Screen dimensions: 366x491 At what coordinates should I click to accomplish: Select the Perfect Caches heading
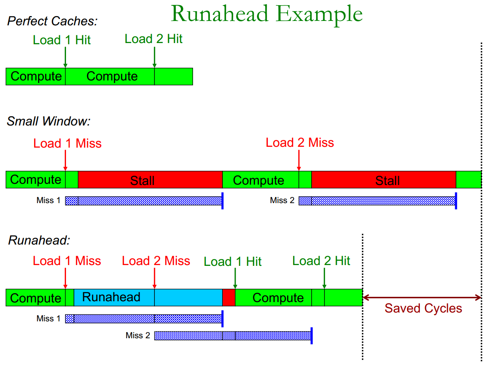(x=52, y=21)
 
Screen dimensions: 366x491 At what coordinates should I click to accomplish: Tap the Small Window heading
(x=49, y=121)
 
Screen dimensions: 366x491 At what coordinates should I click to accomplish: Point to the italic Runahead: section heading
(x=39, y=241)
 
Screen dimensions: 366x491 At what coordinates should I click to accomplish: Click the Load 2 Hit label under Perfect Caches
(x=154, y=39)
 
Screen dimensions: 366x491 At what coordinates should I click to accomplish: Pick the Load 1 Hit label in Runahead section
(x=232, y=262)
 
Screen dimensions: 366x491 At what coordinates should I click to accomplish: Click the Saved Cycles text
(x=423, y=308)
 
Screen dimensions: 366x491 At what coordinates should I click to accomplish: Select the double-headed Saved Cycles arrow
(x=422, y=298)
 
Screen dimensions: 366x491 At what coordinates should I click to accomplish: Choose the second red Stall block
(x=384, y=180)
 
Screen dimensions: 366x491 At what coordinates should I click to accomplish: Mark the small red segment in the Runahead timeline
(x=228, y=297)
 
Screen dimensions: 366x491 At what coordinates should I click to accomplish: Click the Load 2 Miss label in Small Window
(x=300, y=143)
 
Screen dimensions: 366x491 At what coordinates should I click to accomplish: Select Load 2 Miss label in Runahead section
(x=156, y=261)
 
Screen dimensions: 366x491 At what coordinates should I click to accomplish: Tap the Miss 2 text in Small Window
(x=282, y=200)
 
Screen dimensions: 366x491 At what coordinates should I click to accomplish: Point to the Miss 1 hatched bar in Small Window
(x=143, y=201)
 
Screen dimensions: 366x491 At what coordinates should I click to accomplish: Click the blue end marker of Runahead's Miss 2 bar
(x=312, y=335)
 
